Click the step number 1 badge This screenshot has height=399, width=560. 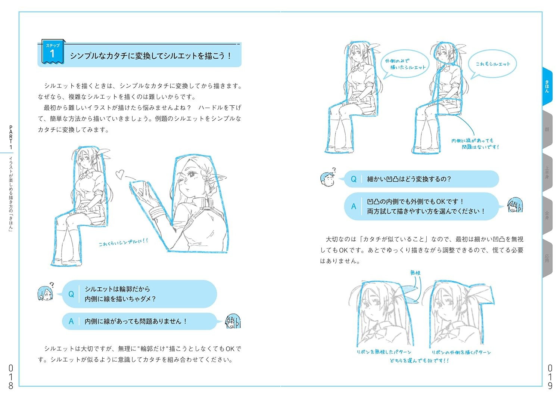[52, 52]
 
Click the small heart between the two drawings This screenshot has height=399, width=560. [119, 174]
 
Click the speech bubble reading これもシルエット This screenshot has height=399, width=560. [492, 64]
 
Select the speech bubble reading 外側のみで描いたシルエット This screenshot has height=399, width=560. [405, 64]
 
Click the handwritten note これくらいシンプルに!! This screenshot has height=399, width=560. [123, 242]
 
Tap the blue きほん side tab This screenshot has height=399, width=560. [547, 86]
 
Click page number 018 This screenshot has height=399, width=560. [10, 377]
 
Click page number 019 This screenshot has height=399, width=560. [550, 377]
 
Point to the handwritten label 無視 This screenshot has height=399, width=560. [415, 273]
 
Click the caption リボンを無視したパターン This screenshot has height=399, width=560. [384, 352]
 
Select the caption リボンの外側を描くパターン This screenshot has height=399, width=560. [461, 352]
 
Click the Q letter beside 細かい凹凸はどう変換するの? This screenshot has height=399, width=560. [353, 179]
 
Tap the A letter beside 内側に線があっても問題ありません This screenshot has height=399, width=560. [71, 321]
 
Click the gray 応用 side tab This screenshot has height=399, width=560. [547, 258]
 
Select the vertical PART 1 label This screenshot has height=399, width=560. [11, 137]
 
